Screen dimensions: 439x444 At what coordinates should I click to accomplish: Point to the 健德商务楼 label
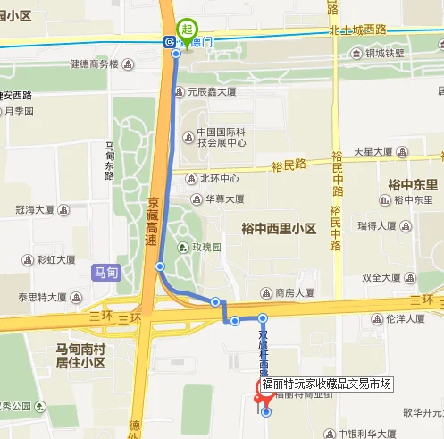point(94,64)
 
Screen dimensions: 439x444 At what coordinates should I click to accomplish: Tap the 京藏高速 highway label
point(154,215)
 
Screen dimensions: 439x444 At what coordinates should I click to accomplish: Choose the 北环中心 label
point(219,177)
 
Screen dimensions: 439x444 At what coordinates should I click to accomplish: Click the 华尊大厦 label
point(224,199)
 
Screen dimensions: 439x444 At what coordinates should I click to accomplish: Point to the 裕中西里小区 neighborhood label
point(279,228)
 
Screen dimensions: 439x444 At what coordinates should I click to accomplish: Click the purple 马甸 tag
point(105,272)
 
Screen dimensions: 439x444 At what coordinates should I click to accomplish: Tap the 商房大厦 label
point(294,292)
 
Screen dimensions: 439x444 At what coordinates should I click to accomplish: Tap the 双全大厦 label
point(384,277)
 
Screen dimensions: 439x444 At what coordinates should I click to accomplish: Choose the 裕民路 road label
point(289,164)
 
